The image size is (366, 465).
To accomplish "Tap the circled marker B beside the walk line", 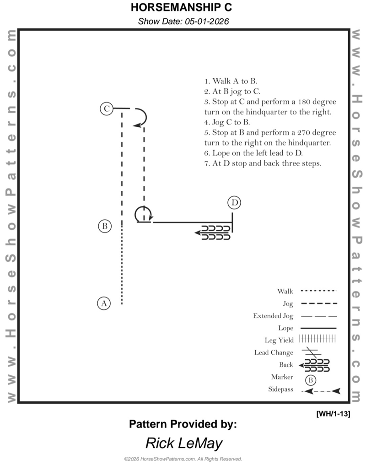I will [105, 226].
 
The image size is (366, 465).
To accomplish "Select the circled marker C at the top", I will [106, 109].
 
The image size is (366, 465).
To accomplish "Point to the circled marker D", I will [234, 203].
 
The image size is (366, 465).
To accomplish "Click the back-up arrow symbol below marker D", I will [213, 232].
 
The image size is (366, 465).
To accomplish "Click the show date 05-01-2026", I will [183, 21].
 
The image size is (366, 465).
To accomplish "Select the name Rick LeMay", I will [184, 443].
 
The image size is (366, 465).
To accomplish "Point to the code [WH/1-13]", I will [333, 413].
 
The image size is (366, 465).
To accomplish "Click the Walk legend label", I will [285, 291].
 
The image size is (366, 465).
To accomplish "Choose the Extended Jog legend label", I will [273, 316].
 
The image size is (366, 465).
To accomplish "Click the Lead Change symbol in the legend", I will [311, 352].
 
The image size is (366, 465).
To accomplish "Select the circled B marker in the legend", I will [311, 380].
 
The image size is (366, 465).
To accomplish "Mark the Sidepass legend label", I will [280, 390].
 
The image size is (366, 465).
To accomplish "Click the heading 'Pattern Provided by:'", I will [183, 424].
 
